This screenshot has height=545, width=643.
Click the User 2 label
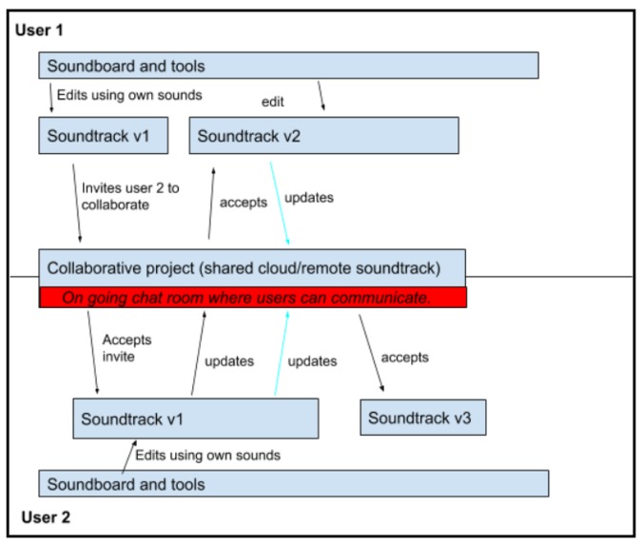tap(45, 518)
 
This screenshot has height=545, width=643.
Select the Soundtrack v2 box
tap(323, 136)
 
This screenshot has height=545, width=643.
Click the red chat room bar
tap(252, 298)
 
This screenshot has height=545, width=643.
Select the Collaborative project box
tap(252, 267)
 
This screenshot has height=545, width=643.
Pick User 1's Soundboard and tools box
tap(288, 66)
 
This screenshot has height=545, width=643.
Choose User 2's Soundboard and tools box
tap(293, 483)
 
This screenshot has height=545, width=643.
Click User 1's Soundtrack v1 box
tap(104, 135)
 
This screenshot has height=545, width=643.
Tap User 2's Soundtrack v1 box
tap(195, 418)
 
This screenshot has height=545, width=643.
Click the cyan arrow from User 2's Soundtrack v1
tap(281, 352)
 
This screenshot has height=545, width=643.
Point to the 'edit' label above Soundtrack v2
tap(275, 102)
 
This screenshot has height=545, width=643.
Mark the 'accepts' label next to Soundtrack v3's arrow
tap(404, 358)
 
